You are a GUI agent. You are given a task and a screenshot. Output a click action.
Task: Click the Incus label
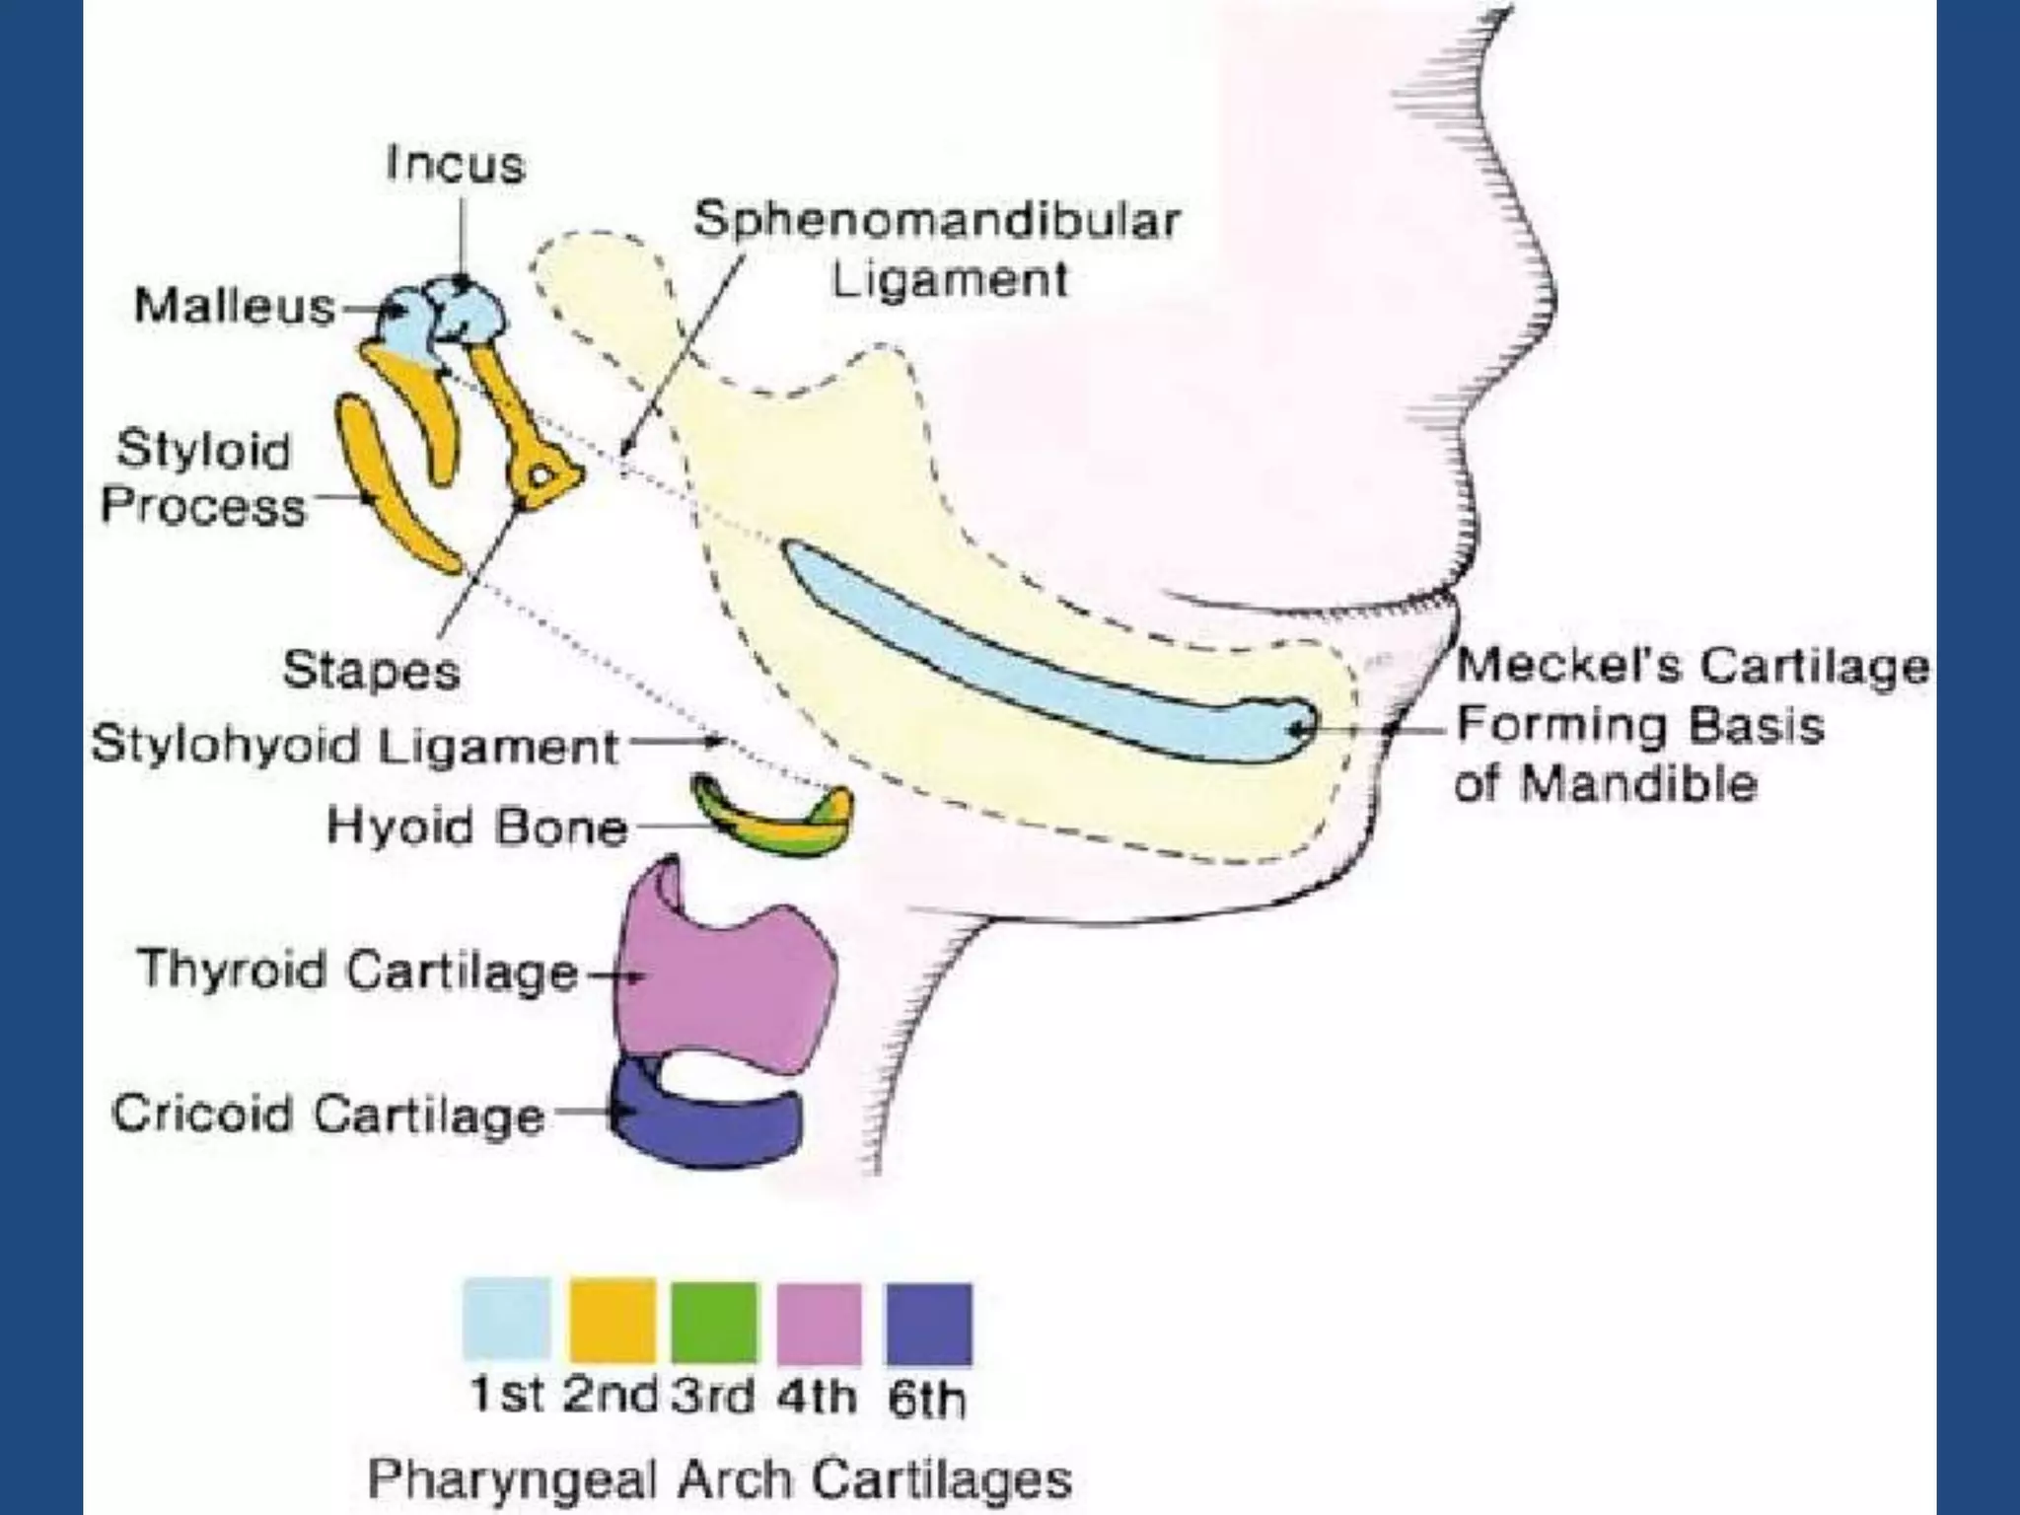(456, 165)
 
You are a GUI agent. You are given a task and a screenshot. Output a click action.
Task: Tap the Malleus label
(235, 306)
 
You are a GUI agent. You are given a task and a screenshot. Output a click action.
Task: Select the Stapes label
(371, 671)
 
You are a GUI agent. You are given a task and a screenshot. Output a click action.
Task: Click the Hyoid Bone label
(477, 827)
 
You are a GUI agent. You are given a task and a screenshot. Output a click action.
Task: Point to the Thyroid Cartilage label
(357, 971)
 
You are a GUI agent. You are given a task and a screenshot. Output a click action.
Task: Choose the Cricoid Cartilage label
(327, 1115)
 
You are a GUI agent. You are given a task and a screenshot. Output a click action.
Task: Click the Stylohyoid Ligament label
(355, 746)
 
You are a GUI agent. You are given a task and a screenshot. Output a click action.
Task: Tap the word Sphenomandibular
(936, 219)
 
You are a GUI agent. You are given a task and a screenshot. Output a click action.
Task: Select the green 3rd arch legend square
(715, 1322)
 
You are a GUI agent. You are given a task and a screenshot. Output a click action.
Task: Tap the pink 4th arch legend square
(820, 1322)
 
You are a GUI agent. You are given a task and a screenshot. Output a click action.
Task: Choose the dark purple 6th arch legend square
(929, 1324)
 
